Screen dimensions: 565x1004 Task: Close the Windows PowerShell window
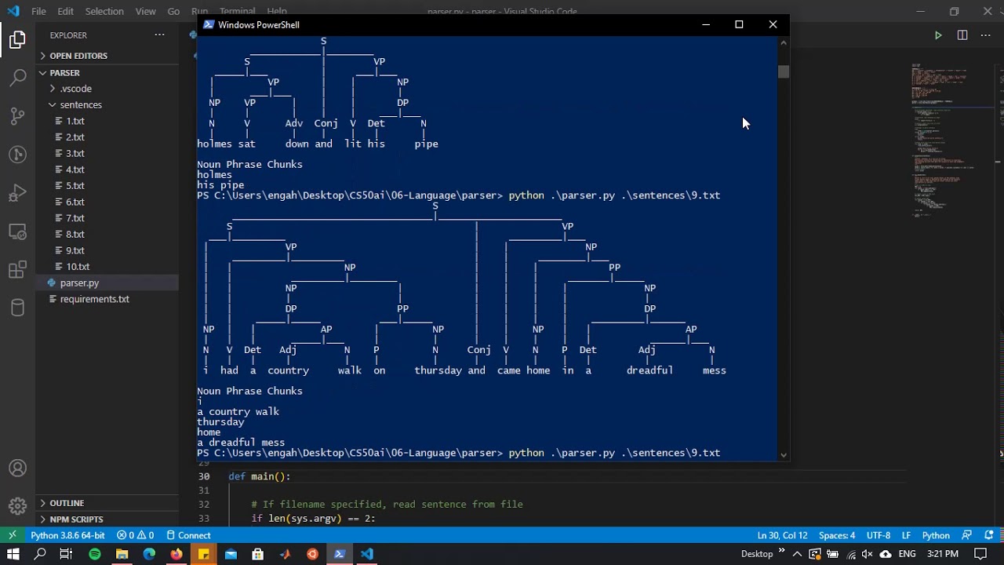773,24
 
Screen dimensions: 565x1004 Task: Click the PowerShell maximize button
739,24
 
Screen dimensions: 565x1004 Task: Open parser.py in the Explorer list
79,282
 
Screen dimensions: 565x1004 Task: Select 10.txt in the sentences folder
78,267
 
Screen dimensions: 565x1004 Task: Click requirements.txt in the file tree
94,299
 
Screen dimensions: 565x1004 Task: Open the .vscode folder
75,89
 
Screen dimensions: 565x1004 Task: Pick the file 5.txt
75,186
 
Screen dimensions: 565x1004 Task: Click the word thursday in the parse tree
438,370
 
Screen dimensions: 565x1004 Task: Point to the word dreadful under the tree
649,370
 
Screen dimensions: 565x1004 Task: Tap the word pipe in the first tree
426,144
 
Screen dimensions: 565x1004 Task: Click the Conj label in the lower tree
478,350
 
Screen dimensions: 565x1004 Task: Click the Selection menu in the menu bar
104,12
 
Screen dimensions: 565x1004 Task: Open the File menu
38,12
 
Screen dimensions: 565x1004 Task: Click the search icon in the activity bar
17,78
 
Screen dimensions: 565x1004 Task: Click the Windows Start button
13,554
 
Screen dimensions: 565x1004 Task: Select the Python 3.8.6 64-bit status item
67,535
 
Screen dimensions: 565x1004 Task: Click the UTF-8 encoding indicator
878,535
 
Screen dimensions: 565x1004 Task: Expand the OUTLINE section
67,503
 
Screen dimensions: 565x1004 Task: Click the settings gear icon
17,506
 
